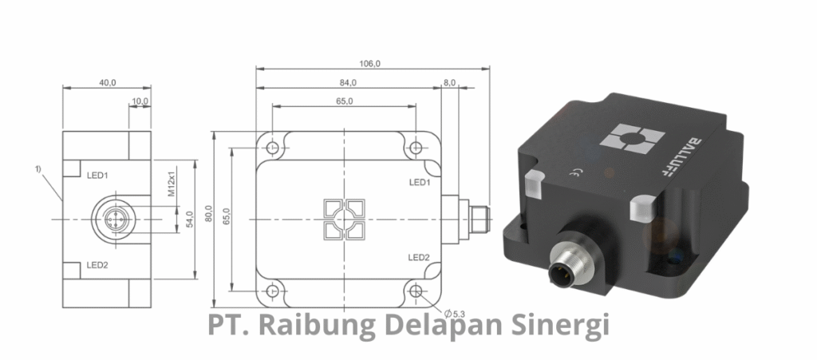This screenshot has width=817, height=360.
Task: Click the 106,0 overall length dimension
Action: pos(369,64)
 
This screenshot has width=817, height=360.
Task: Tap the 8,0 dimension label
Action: pos(449,82)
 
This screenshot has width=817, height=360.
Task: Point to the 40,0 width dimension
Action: pos(108,82)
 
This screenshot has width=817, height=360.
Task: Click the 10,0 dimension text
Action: pos(140,101)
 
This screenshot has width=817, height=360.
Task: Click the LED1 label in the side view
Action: pos(97,175)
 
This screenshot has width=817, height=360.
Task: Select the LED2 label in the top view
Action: pos(419,257)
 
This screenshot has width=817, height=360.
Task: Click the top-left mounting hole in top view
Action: pos(272,148)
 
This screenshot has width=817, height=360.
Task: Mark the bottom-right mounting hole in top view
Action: pos(416,291)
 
